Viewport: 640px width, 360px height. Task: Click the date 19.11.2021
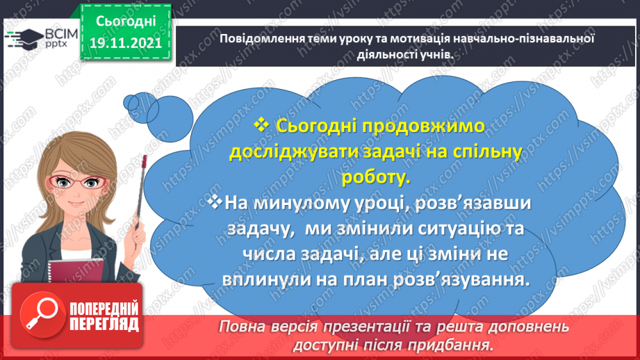(x=125, y=43)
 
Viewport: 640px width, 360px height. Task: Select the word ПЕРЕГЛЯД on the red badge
(x=105, y=324)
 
